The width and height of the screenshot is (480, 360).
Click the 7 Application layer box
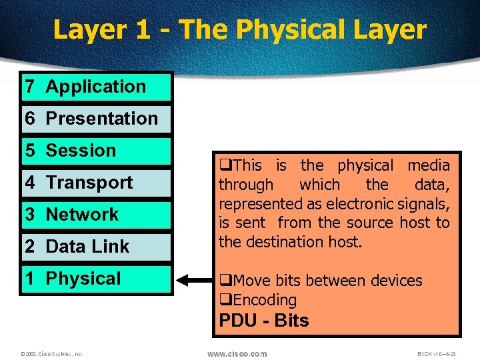coord(97,87)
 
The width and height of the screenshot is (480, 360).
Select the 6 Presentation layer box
coord(97,119)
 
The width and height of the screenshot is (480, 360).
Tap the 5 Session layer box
coord(97,151)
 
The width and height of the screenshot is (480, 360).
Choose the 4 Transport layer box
coord(97,183)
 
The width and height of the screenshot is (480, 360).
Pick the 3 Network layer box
coord(97,215)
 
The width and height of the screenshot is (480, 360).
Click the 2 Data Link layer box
coord(97,247)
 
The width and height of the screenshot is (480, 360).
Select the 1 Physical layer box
coord(97,279)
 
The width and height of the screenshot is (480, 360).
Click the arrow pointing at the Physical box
coord(194,280)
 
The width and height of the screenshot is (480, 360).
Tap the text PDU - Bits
coord(264,321)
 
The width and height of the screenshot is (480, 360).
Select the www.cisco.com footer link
coord(237,353)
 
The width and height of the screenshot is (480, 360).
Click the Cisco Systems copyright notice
coord(51,354)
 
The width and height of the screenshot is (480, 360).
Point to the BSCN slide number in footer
coord(437,354)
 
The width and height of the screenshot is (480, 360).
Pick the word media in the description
coord(428,165)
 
